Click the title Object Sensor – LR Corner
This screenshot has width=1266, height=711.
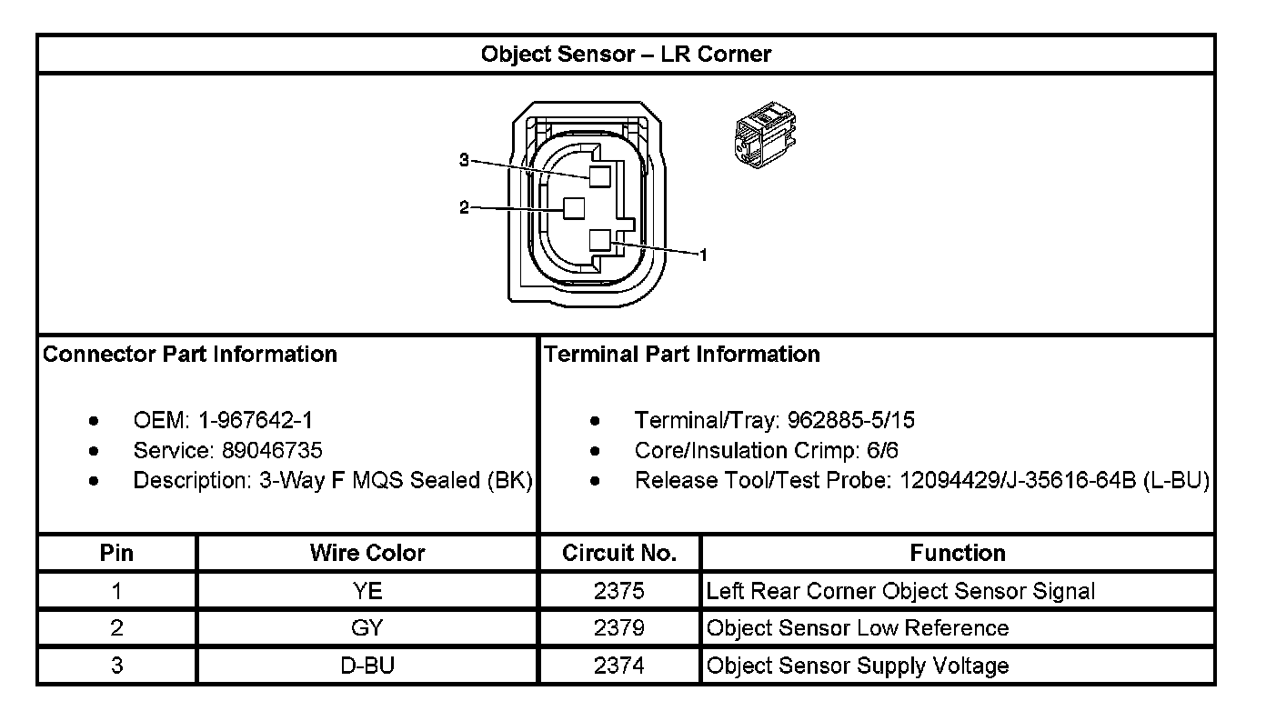click(626, 55)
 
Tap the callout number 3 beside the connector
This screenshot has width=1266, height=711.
click(464, 161)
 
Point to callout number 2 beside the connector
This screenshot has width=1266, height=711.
click(464, 208)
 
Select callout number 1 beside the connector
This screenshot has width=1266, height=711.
click(702, 255)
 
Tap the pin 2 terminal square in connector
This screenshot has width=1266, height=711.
click(573, 208)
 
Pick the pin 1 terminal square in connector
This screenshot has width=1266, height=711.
click(598, 241)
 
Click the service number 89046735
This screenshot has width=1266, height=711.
click(272, 450)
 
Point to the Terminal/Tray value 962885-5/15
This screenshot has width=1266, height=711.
click(851, 420)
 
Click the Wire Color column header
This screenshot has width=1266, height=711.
click(367, 553)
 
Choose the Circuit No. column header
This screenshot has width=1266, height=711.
click(619, 553)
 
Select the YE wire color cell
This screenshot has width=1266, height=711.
click(367, 591)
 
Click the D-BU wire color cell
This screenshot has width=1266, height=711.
click(367, 666)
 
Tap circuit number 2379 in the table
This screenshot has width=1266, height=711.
click(619, 628)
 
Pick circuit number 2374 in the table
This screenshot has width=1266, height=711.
click(619, 666)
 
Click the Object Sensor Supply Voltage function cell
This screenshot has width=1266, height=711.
click(858, 666)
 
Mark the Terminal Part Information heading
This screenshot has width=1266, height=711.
click(682, 355)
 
